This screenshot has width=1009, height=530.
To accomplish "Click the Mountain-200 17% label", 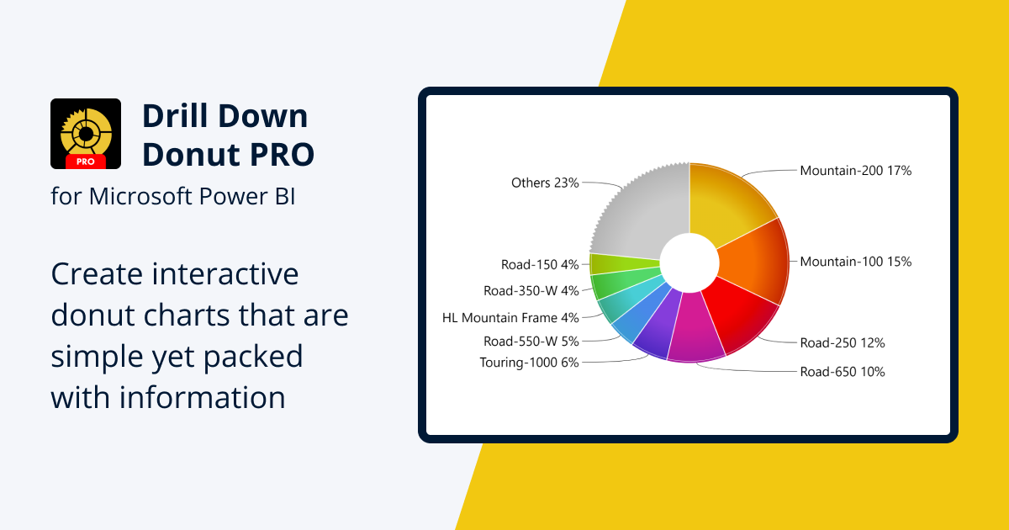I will (x=855, y=171).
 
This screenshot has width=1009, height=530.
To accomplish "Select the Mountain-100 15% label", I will (x=855, y=262).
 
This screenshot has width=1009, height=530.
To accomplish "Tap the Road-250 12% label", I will (x=842, y=342).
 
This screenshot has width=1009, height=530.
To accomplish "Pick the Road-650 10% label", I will (x=842, y=371).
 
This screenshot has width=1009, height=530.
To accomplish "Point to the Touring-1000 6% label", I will (x=529, y=363).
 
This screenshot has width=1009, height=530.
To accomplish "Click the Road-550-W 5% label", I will (x=531, y=342).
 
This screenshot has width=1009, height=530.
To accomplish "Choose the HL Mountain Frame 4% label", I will (x=510, y=318).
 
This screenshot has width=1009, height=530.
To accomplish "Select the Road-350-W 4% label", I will (x=531, y=291).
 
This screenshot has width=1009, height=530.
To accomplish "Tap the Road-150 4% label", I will (x=540, y=264).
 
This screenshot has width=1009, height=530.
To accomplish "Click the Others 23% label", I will (x=545, y=183).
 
